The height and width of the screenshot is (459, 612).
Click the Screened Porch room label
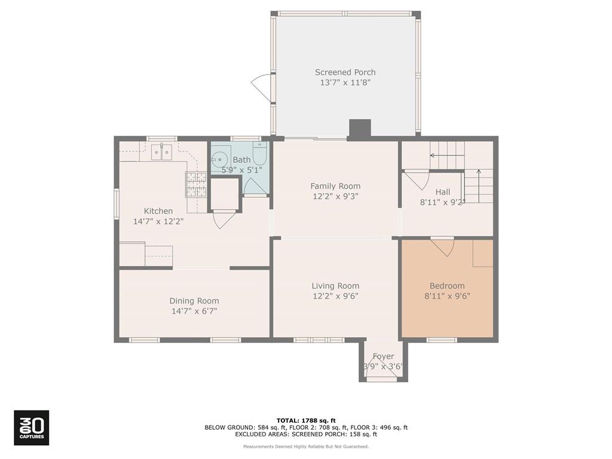click(x=345, y=72)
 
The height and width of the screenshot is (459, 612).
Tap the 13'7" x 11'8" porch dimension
click(x=345, y=83)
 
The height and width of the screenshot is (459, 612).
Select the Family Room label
click(x=335, y=186)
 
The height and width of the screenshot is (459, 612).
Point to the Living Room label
click(x=335, y=286)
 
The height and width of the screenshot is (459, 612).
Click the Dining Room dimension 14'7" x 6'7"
click(x=194, y=311)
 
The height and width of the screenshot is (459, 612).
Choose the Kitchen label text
click(x=158, y=211)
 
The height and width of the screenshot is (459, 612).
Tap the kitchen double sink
click(x=161, y=152)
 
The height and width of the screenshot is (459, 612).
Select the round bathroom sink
click(x=221, y=159)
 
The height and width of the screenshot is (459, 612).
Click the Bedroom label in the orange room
click(x=447, y=286)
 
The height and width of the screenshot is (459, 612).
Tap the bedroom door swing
click(x=443, y=247)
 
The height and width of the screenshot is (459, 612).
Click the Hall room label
click(x=443, y=192)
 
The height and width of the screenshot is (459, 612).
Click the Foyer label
click(x=383, y=356)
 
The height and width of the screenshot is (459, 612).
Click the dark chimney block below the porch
click(x=360, y=128)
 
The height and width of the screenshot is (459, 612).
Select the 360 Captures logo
click(x=31, y=427)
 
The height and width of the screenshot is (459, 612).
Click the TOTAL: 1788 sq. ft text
click(x=305, y=420)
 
